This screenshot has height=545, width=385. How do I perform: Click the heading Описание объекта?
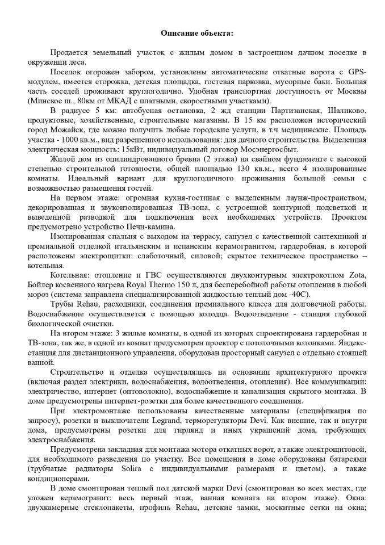click(192, 33)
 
